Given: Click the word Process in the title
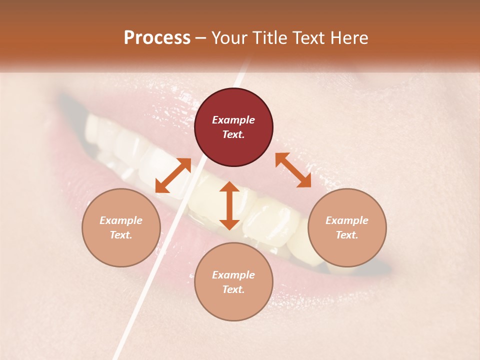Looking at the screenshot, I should [x=157, y=38].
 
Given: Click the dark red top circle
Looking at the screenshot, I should [x=233, y=127].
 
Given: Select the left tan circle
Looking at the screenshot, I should [x=121, y=227].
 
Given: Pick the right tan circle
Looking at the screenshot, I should [x=347, y=227].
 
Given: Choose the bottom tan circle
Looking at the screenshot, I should [x=233, y=282].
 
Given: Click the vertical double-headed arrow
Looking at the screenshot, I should [x=229, y=205].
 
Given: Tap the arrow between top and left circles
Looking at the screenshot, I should [x=173, y=175].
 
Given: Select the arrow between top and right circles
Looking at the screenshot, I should [x=293, y=170].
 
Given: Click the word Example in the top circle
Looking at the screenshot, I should [x=233, y=120].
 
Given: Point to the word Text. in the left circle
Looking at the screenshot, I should [x=121, y=235].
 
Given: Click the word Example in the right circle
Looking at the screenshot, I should [x=347, y=220].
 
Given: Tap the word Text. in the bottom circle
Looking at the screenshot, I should [x=233, y=289].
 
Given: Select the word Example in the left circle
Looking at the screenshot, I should [x=121, y=220].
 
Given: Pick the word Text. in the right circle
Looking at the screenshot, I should [x=347, y=235].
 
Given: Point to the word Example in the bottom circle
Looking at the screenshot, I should [x=233, y=275].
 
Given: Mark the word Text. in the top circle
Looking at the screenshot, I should [x=233, y=134].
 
